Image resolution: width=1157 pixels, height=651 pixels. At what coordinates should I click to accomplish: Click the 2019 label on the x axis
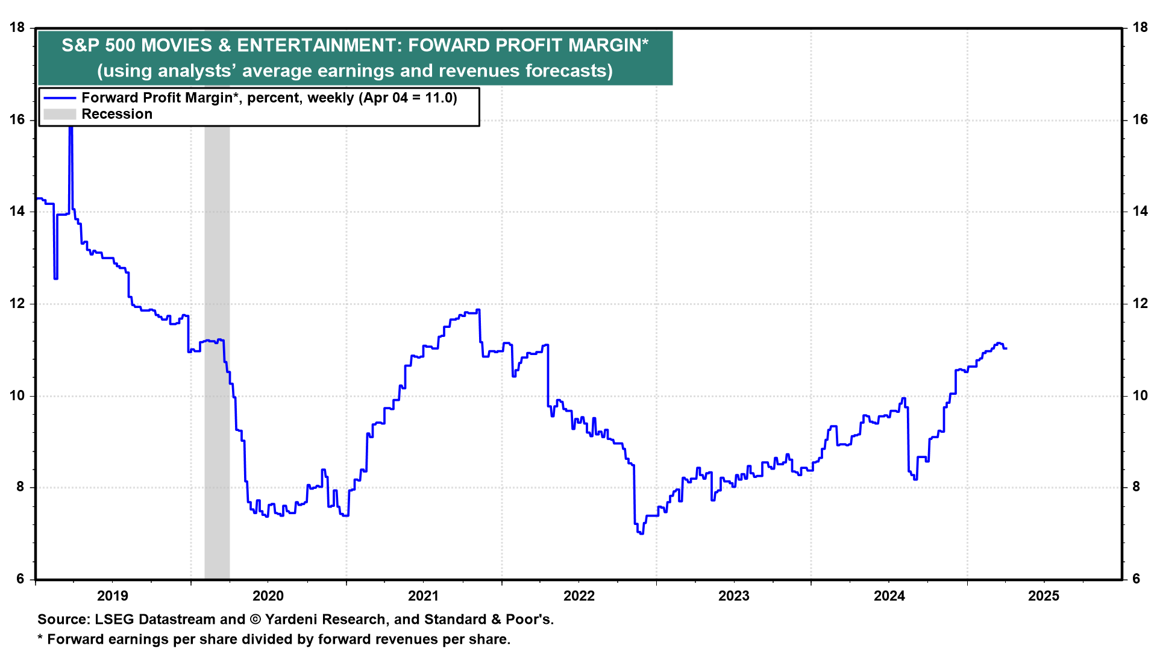(113, 596)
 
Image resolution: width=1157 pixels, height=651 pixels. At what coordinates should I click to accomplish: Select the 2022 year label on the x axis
(579, 596)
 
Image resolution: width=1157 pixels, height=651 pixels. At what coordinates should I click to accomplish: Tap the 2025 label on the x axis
(1044, 596)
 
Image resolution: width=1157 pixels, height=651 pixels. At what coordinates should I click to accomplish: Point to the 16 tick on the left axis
(17, 119)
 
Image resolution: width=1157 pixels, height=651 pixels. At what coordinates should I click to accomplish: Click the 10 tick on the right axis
(1140, 395)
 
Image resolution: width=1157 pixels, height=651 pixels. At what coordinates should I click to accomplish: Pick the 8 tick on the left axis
(21, 487)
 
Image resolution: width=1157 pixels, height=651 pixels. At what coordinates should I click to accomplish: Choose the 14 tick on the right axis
(1140, 211)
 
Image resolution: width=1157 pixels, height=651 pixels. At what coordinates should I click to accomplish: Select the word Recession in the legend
(117, 114)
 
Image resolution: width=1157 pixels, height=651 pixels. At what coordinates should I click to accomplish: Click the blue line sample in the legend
(60, 98)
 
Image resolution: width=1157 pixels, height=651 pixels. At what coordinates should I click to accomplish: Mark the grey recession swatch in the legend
(60, 114)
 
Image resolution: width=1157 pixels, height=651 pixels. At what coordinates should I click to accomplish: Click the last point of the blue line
(1006, 348)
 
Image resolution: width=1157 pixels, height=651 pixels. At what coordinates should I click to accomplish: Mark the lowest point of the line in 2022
(641, 533)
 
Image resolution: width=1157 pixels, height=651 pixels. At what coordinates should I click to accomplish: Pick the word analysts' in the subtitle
(195, 71)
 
